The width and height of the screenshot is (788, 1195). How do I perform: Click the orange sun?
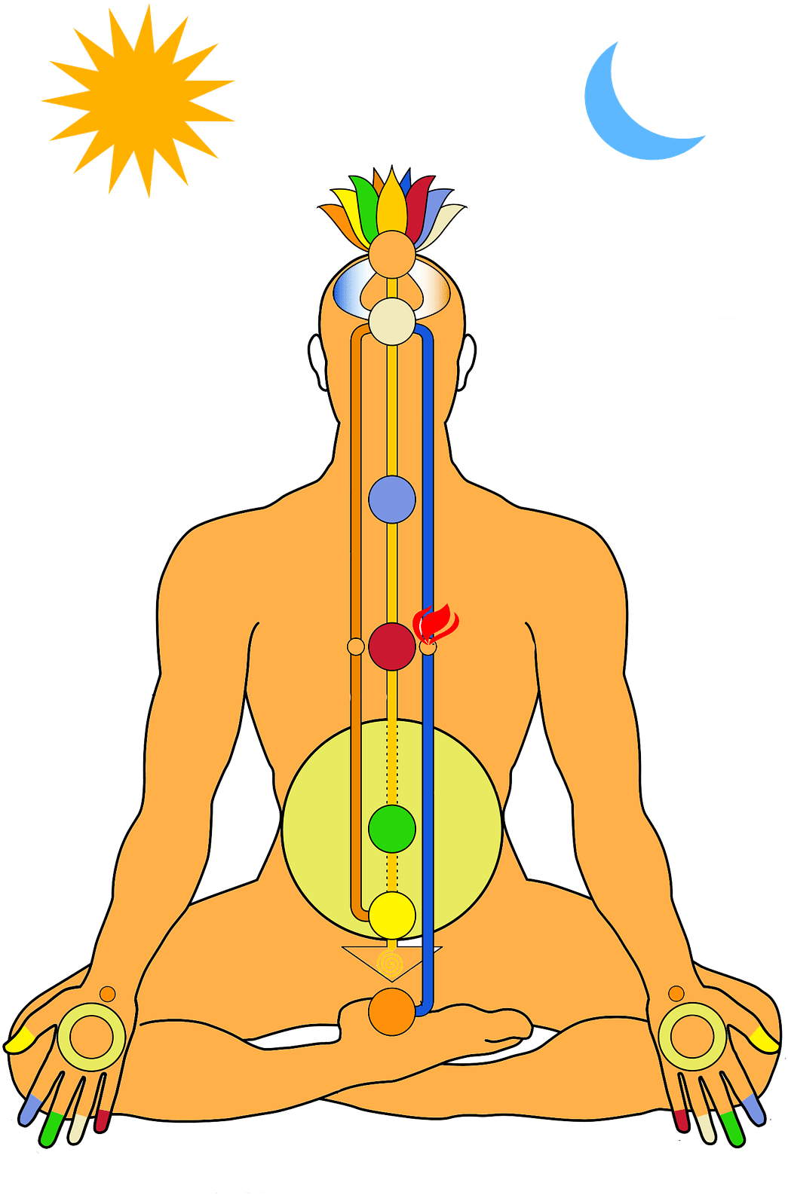pyautogui.click(x=138, y=102)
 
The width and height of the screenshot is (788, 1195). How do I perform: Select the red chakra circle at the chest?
pyautogui.click(x=392, y=646)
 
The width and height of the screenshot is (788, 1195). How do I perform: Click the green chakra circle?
pyautogui.click(x=392, y=829)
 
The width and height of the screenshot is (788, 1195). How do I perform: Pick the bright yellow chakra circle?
pyautogui.click(x=392, y=915)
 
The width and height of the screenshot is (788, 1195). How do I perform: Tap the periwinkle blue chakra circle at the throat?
pyautogui.click(x=392, y=500)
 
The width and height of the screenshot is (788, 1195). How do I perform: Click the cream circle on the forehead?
pyautogui.click(x=392, y=322)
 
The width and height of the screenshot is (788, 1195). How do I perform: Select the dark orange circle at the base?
pyautogui.click(x=392, y=1012)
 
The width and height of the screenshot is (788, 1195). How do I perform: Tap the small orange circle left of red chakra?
pyautogui.click(x=355, y=646)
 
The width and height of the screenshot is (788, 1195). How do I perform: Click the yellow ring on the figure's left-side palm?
pyautogui.click(x=91, y=1037)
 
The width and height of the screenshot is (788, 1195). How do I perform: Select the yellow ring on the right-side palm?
pyautogui.click(x=692, y=1037)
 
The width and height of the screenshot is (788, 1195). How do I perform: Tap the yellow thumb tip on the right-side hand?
pyautogui.click(x=767, y=1042)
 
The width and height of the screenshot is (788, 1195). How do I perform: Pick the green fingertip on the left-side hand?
pyautogui.click(x=51, y=1127)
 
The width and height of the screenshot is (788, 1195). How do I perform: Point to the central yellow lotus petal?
pyautogui.click(x=391, y=203)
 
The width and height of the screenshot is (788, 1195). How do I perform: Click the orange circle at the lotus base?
pyautogui.click(x=392, y=252)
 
